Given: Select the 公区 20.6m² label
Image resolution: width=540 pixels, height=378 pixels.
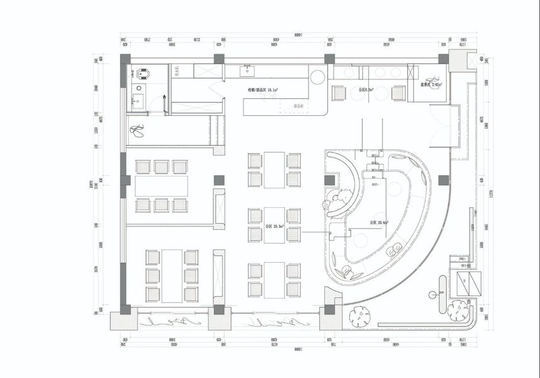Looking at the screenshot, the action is click(378, 222).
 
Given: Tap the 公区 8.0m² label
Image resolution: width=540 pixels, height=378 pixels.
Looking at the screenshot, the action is click(366, 90).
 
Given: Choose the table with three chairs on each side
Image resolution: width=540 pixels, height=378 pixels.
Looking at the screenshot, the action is click(171, 275).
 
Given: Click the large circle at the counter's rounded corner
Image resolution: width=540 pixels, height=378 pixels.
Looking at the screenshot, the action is click(318, 77).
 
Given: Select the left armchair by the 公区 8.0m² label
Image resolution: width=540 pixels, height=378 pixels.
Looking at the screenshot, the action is click(340, 93).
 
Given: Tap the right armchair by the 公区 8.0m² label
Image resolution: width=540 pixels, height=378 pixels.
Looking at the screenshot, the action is click(398, 93).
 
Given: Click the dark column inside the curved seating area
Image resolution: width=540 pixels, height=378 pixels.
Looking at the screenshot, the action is click(330, 180).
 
